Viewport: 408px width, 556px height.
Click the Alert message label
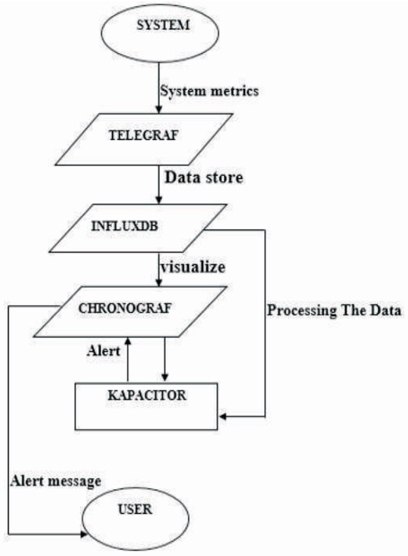pyautogui.click(x=55, y=481)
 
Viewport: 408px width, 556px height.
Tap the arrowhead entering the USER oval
pyautogui.click(x=84, y=534)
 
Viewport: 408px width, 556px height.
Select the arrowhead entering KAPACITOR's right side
pyautogui.click(x=222, y=416)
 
